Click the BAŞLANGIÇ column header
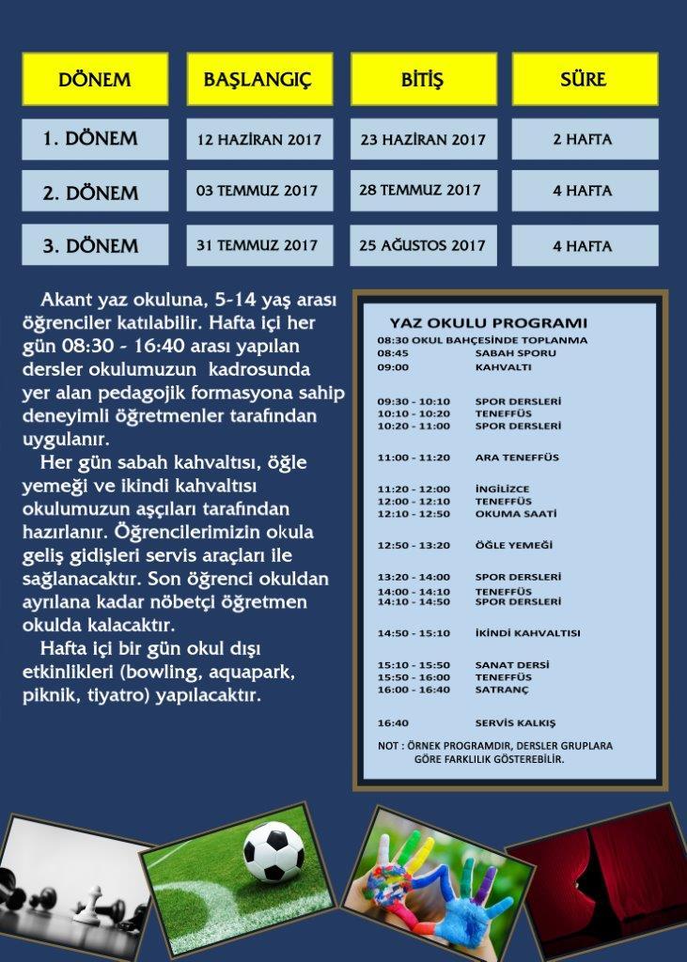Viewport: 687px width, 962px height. click(x=259, y=79)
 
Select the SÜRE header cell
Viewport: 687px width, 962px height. click(x=584, y=79)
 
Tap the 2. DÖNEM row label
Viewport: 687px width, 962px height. click(x=91, y=193)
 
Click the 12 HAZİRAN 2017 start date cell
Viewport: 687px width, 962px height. click(x=258, y=140)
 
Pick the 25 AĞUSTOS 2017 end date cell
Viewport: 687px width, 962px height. click(x=422, y=245)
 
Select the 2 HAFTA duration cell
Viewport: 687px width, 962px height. click(x=583, y=140)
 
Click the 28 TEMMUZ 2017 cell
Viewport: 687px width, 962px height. click(x=420, y=191)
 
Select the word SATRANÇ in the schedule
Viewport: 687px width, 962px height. click(x=502, y=690)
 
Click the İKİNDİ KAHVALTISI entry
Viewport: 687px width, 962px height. click(x=527, y=633)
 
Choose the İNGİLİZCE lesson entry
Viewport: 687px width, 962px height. click(x=502, y=489)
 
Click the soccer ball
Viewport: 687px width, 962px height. click(x=273, y=851)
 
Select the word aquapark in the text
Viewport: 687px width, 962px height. click(x=255, y=673)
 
